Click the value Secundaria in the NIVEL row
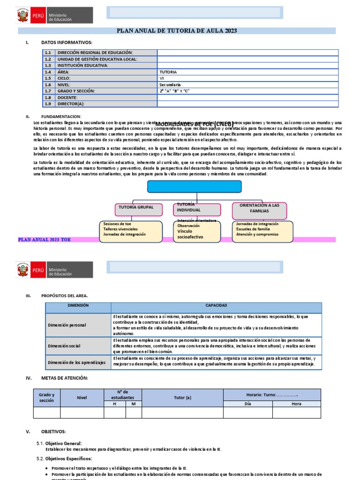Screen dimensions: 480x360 pyautogui.click(x=170, y=85)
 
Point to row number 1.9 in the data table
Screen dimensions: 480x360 pyautogui.click(x=48, y=104)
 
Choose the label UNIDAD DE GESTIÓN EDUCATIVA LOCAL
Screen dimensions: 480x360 pyautogui.click(x=97, y=59)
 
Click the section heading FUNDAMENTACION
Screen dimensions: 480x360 pyautogui.click(x=61, y=116)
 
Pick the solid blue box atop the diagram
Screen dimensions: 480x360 pyautogui.click(x=195, y=186)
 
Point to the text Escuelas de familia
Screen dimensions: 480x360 pyautogui.click(x=253, y=229)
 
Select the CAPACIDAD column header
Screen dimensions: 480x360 pyautogui.click(x=216, y=306)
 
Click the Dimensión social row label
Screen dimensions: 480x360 pyautogui.click(x=64, y=346)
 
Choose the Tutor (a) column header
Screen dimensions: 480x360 pyautogui.click(x=182, y=397)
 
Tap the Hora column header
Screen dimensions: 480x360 pyautogui.click(x=296, y=403)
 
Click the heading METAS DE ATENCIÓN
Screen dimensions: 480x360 pyautogui.click(x=64, y=378)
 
